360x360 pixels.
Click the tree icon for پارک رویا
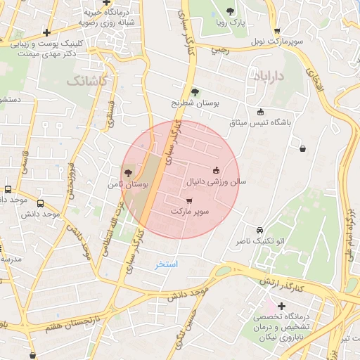click(x=231, y=11)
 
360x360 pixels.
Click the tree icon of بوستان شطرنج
click(x=195, y=91)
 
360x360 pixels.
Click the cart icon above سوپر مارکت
click(x=189, y=201)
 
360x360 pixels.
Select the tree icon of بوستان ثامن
click(x=127, y=172)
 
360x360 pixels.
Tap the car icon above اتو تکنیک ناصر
click(x=259, y=230)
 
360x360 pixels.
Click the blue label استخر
click(x=167, y=264)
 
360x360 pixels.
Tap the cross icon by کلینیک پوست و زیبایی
click(x=46, y=32)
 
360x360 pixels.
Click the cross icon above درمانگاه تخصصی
click(x=281, y=307)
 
